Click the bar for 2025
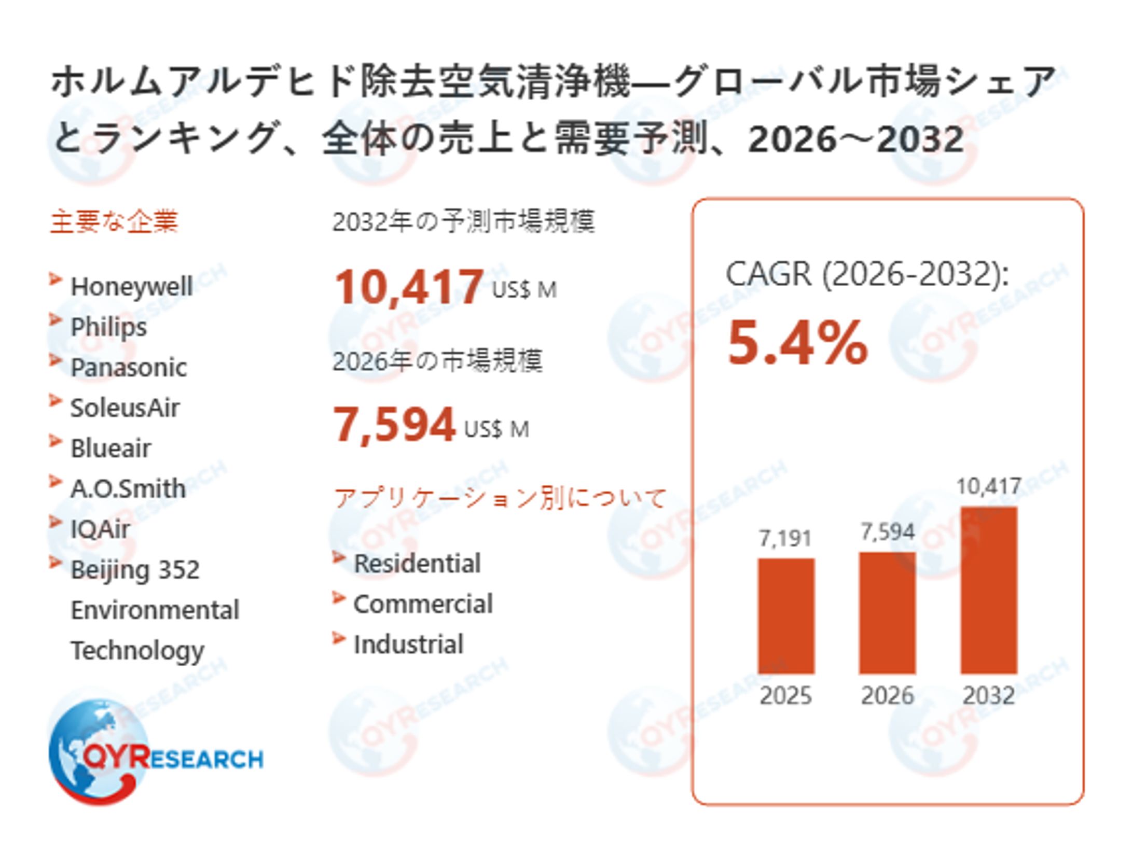point(785,615)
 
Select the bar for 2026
point(887,612)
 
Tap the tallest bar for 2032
point(988,590)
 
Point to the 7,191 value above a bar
point(785,538)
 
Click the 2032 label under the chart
point(988,695)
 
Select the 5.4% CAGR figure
point(797,343)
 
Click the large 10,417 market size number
point(409,286)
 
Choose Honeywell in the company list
point(131,286)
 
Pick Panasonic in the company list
point(128,367)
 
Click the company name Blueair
point(110,448)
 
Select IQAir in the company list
point(100,529)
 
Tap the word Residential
point(417,563)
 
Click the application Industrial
point(408,644)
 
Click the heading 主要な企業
point(114,221)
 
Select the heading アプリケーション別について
point(500,498)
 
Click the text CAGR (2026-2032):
point(867,274)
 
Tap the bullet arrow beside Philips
point(56,320)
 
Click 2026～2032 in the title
point(855,139)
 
